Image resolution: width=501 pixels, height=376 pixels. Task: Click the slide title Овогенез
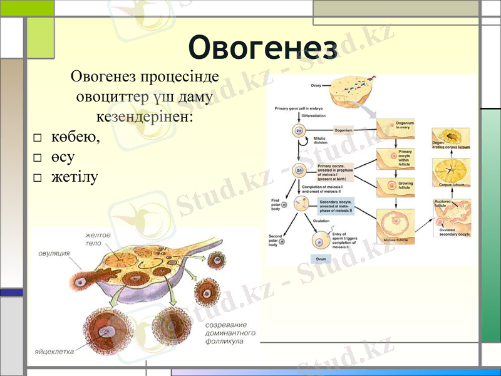point(263,47)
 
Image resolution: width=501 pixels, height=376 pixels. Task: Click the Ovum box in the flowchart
point(320,258)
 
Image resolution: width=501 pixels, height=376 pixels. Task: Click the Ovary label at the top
point(316,85)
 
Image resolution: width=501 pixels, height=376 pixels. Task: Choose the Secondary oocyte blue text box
point(336,206)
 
